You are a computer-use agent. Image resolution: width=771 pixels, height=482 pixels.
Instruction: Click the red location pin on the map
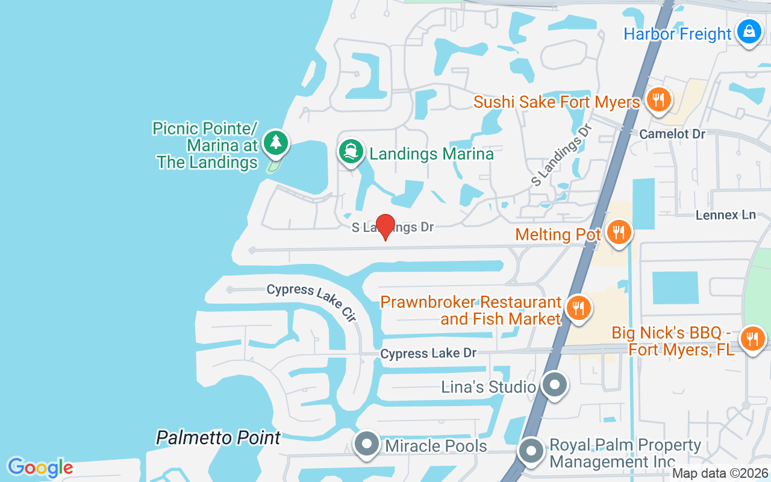pos(385,226)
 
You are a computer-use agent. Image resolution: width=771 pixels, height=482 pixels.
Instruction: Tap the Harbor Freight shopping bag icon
pos(749,31)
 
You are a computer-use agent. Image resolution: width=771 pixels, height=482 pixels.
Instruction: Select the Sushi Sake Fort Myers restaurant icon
pos(658,99)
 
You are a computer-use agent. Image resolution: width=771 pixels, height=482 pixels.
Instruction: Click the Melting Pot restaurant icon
pos(618,232)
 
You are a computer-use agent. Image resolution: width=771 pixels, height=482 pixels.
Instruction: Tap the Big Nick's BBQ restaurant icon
pos(752,339)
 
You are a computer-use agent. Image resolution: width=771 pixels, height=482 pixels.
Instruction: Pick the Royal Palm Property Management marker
pos(531,451)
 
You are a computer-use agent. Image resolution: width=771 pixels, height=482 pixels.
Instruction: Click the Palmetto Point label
pos(218,438)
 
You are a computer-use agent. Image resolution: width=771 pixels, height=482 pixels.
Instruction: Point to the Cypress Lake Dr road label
pos(428,354)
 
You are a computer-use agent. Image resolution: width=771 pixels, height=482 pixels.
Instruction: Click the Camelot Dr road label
pos(672,134)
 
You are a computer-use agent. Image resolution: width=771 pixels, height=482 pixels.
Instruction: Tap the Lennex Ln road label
pos(725,214)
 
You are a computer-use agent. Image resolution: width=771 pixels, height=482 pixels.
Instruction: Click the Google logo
pos(40,467)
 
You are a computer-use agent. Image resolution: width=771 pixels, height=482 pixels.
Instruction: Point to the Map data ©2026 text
pos(720,474)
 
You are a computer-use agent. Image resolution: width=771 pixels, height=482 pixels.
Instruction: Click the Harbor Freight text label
pos(677,34)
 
